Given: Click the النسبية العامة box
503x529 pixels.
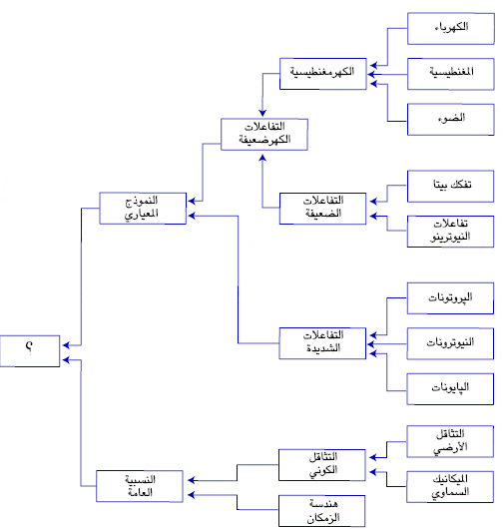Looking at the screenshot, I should click(x=141, y=485).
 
